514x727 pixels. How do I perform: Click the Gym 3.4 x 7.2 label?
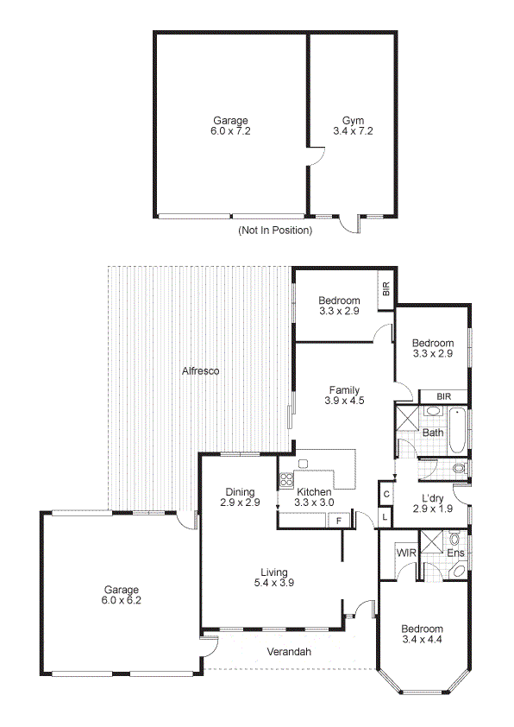[x=348, y=126]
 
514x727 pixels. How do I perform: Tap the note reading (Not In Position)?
[x=275, y=231]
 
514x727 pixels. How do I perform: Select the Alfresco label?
[x=200, y=371]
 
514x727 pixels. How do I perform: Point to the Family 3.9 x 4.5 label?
[x=342, y=395]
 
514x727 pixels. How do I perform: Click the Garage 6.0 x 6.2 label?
[x=122, y=596]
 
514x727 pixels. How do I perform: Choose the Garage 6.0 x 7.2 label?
[x=230, y=126]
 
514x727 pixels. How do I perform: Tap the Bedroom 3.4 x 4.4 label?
[x=422, y=634]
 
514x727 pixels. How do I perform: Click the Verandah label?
[x=290, y=652]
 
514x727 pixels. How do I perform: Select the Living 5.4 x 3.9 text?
[x=274, y=577]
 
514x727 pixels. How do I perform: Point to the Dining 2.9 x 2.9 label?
[x=240, y=496]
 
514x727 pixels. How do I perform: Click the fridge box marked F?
[x=339, y=520]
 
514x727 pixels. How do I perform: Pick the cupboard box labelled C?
[x=386, y=494]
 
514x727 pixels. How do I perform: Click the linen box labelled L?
[x=385, y=516]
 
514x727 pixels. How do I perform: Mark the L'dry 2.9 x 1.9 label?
[x=432, y=503]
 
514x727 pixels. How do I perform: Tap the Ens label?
[x=455, y=553]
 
